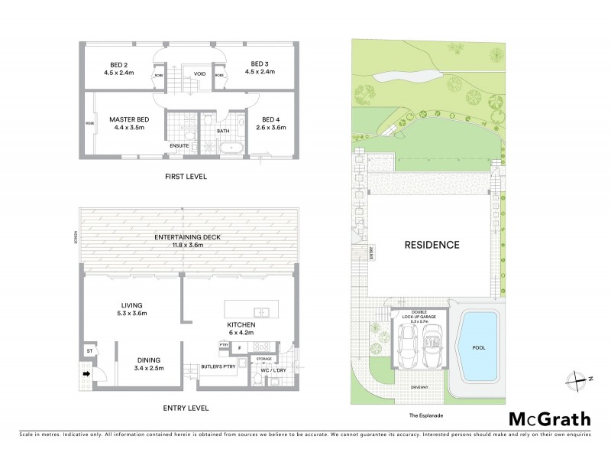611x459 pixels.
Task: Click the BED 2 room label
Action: pyautogui.click(x=118, y=63)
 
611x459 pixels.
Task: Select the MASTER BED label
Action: pyautogui.click(x=128, y=119)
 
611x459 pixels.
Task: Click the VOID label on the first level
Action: pyautogui.click(x=199, y=74)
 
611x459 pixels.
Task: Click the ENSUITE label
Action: pyautogui.click(x=179, y=145)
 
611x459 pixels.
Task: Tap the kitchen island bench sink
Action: pyautogui.click(x=261, y=311)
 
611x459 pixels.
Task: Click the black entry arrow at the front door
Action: pyautogui.click(x=86, y=374)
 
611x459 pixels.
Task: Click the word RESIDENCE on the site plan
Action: pyautogui.click(x=432, y=246)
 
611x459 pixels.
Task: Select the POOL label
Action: pyautogui.click(x=478, y=347)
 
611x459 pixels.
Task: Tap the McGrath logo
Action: pyautogui.click(x=549, y=418)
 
